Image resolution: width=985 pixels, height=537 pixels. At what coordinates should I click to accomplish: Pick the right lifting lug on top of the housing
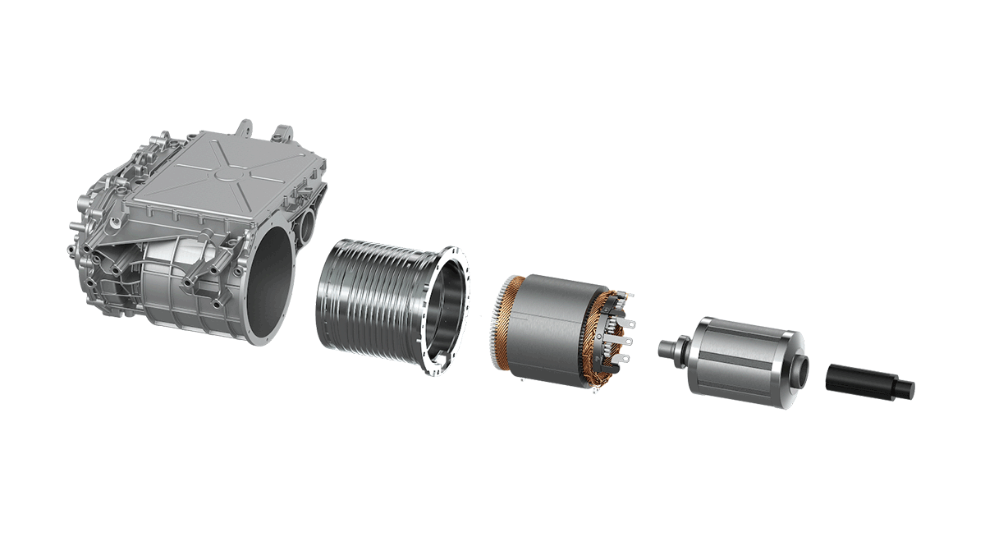tap(283, 133)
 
